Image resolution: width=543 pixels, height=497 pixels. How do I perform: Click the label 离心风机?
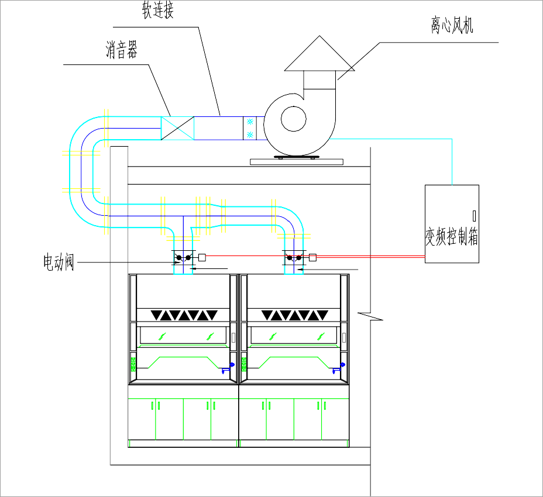[452, 26]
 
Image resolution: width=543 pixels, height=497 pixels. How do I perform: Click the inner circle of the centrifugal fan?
[294, 119]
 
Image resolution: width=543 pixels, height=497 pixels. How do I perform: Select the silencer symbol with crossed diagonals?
[177, 128]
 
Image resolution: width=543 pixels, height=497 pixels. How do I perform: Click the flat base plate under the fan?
[296, 161]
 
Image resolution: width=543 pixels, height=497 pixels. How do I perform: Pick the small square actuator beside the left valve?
[202, 257]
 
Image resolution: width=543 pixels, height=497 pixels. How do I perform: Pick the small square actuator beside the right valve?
[312, 257]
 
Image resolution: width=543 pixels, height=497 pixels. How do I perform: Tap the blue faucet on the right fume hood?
[338, 367]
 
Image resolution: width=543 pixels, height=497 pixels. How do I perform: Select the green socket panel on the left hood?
[133, 364]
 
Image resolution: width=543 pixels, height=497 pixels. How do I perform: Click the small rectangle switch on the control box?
[474, 216]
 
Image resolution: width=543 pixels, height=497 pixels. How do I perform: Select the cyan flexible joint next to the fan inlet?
[250, 128]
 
